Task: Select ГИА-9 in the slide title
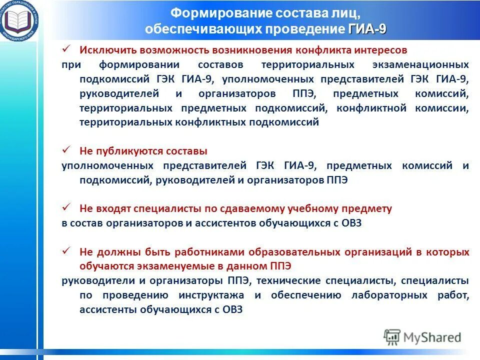(367, 29)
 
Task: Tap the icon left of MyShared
(392, 337)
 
